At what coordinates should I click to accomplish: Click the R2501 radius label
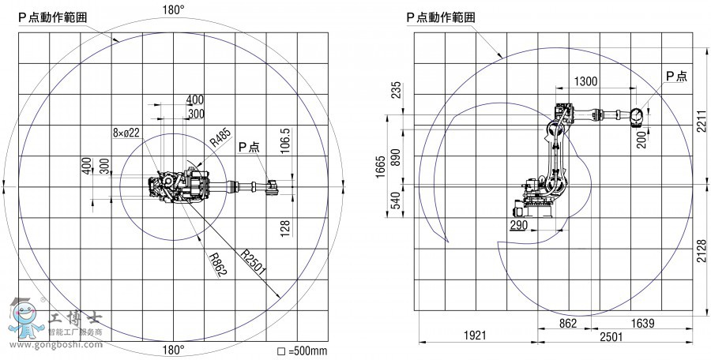254,263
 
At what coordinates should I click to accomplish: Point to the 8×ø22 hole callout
126,133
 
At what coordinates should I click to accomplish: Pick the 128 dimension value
286,227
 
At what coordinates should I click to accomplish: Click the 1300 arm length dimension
585,81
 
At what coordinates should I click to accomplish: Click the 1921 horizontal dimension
474,336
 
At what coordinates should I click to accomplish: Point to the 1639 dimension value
642,323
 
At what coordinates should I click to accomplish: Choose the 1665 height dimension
381,167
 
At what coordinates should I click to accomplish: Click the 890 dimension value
396,157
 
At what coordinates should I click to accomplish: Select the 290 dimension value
519,225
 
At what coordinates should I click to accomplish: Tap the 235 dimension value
396,90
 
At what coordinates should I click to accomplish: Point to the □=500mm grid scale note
302,351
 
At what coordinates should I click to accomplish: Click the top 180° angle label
173,10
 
